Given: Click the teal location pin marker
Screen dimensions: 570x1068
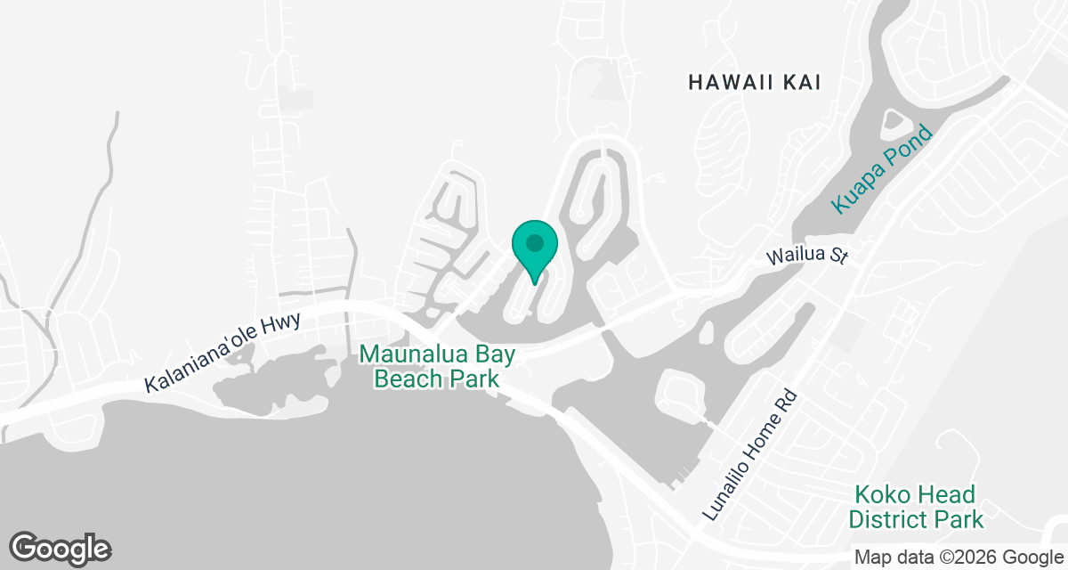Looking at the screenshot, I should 535,250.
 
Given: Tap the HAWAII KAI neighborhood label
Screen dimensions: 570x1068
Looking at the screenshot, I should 754,83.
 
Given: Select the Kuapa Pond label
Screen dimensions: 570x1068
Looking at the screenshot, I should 881,169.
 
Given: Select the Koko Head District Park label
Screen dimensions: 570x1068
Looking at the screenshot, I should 916,507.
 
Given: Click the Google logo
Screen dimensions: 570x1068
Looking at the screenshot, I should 61,548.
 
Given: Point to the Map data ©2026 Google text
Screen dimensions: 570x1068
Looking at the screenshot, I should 958,558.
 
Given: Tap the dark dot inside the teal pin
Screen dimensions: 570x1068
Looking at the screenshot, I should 535,242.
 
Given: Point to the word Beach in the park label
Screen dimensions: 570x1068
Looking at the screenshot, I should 409,379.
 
